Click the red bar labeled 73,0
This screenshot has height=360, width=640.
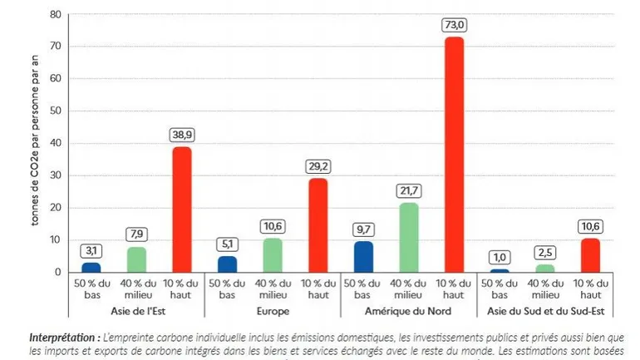pos(454,154)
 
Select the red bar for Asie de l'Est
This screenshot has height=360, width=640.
pos(182,209)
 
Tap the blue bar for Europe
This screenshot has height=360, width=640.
pos(227,264)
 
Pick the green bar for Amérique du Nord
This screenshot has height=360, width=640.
pos(409,237)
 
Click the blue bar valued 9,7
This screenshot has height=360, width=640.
pos(363,256)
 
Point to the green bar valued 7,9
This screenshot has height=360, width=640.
pos(136,259)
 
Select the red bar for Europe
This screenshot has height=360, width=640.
pos(318,224)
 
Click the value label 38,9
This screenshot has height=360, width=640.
pos(182,134)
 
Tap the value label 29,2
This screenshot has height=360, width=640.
pos(318,165)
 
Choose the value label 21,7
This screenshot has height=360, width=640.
pos(409,190)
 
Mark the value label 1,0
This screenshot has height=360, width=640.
pos(500,256)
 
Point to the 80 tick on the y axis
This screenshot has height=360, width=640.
pos(56,14)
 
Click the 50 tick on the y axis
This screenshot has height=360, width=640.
pos(56,111)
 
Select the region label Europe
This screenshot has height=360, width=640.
pos(273,311)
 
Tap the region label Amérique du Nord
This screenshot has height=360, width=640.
pos(408,311)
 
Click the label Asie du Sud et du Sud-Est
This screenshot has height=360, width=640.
pos(545,311)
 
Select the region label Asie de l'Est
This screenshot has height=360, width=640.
pos(136,311)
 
